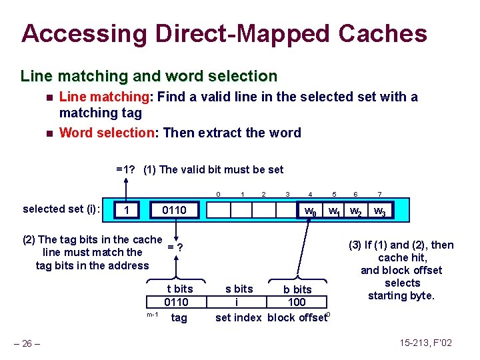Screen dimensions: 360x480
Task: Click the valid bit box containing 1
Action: pos(127,211)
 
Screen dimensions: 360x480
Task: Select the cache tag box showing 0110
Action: pos(175,211)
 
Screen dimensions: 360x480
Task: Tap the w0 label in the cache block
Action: pos(310,211)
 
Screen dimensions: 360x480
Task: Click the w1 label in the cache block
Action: pos(334,211)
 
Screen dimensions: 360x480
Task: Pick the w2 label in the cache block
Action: pos(356,211)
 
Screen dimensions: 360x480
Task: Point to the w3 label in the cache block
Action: pos(379,211)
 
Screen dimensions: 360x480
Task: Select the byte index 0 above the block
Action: pos(219,194)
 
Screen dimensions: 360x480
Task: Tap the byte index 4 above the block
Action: pos(310,194)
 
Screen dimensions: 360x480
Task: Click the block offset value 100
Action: pos(297,302)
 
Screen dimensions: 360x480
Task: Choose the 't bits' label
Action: pos(179,289)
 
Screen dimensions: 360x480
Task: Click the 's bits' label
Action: pos(239,289)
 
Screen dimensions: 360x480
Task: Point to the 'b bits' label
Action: pos(297,289)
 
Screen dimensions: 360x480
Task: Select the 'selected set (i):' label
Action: pos(61,209)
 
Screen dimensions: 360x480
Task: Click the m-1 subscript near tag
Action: pos(152,314)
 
